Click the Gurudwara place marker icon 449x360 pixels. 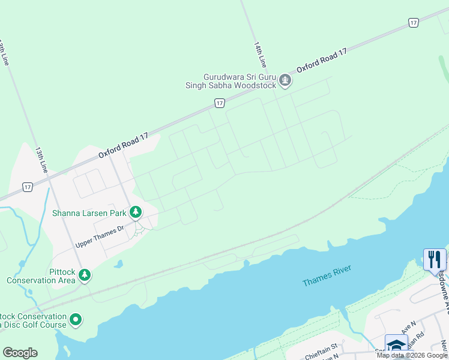pyautogui.click(x=285, y=80)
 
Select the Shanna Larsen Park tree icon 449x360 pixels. pyautogui.click(x=136, y=212)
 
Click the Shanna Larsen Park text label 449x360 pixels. pyautogui.click(x=89, y=213)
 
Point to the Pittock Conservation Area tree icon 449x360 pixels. pyautogui.click(x=85, y=275)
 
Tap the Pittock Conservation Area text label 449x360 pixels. pyautogui.click(x=41, y=275)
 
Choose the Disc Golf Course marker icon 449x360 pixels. pyautogui.click(x=76, y=320)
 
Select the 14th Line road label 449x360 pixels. pyautogui.click(x=260, y=54)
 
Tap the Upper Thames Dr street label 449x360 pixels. pyautogui.click(x=99, y=237)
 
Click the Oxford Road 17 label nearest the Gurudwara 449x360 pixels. pyautogui.click(x=322, y=61)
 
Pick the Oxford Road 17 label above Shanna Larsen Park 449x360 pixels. pyautogui.click(x=124, y=145)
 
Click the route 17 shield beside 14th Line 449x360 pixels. pyautogui.click(x=220, y=103)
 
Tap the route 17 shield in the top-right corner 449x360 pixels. pyautogui.click(x=413, y=22)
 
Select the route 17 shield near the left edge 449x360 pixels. pyautogui.click(x=28, y=187)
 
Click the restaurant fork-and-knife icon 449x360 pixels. pyautogui.click(x=435, y=260)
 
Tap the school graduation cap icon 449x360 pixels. pyautogui.click(x=396, y=346)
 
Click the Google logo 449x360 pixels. pyautogui.click(x=20, y=353)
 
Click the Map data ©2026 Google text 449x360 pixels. pyautogui.click(x=411, y=355)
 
